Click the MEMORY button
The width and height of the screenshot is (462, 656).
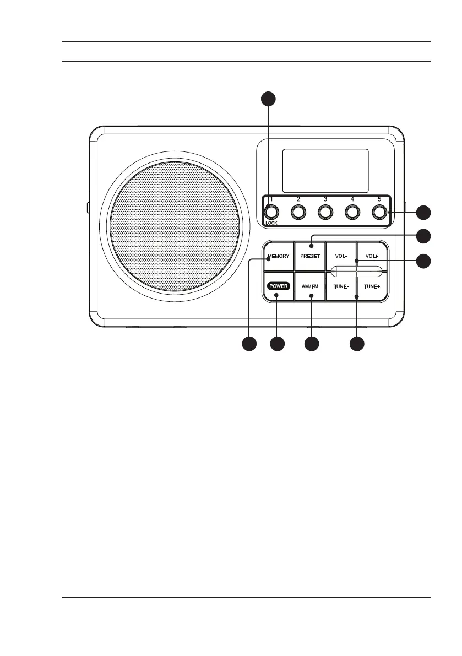click(279, 257)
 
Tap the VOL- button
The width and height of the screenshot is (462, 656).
click(341, 257)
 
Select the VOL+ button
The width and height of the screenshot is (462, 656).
click(373, 257)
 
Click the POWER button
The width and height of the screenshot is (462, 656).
click(279, 287)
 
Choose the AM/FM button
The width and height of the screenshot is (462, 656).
click(310, 287)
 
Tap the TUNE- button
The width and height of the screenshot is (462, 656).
click(341, 287)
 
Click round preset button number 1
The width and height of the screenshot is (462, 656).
click(270, 212)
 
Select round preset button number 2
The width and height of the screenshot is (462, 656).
click(298, 212)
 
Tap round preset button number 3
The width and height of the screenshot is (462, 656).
click(325, 212)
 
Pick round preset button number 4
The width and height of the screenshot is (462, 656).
click(352, 212)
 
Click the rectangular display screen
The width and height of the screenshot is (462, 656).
click(325, 170)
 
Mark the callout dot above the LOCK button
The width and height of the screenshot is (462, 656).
click(268, 99)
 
